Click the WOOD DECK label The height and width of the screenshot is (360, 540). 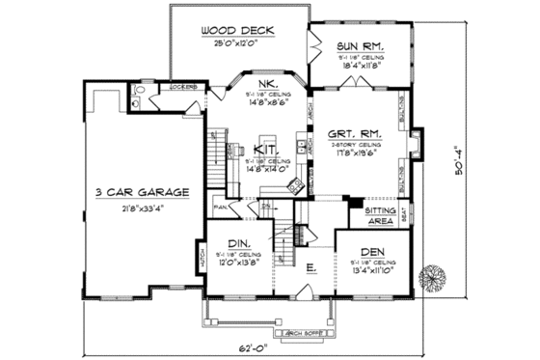click(x=237, y=30)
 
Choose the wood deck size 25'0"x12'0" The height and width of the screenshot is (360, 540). click(x=237, y=42)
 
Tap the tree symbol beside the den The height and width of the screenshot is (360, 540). click(x=432, y=275)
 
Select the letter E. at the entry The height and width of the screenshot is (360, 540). click(x=311, y=268)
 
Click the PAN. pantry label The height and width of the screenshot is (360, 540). click(x=220, y=206)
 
